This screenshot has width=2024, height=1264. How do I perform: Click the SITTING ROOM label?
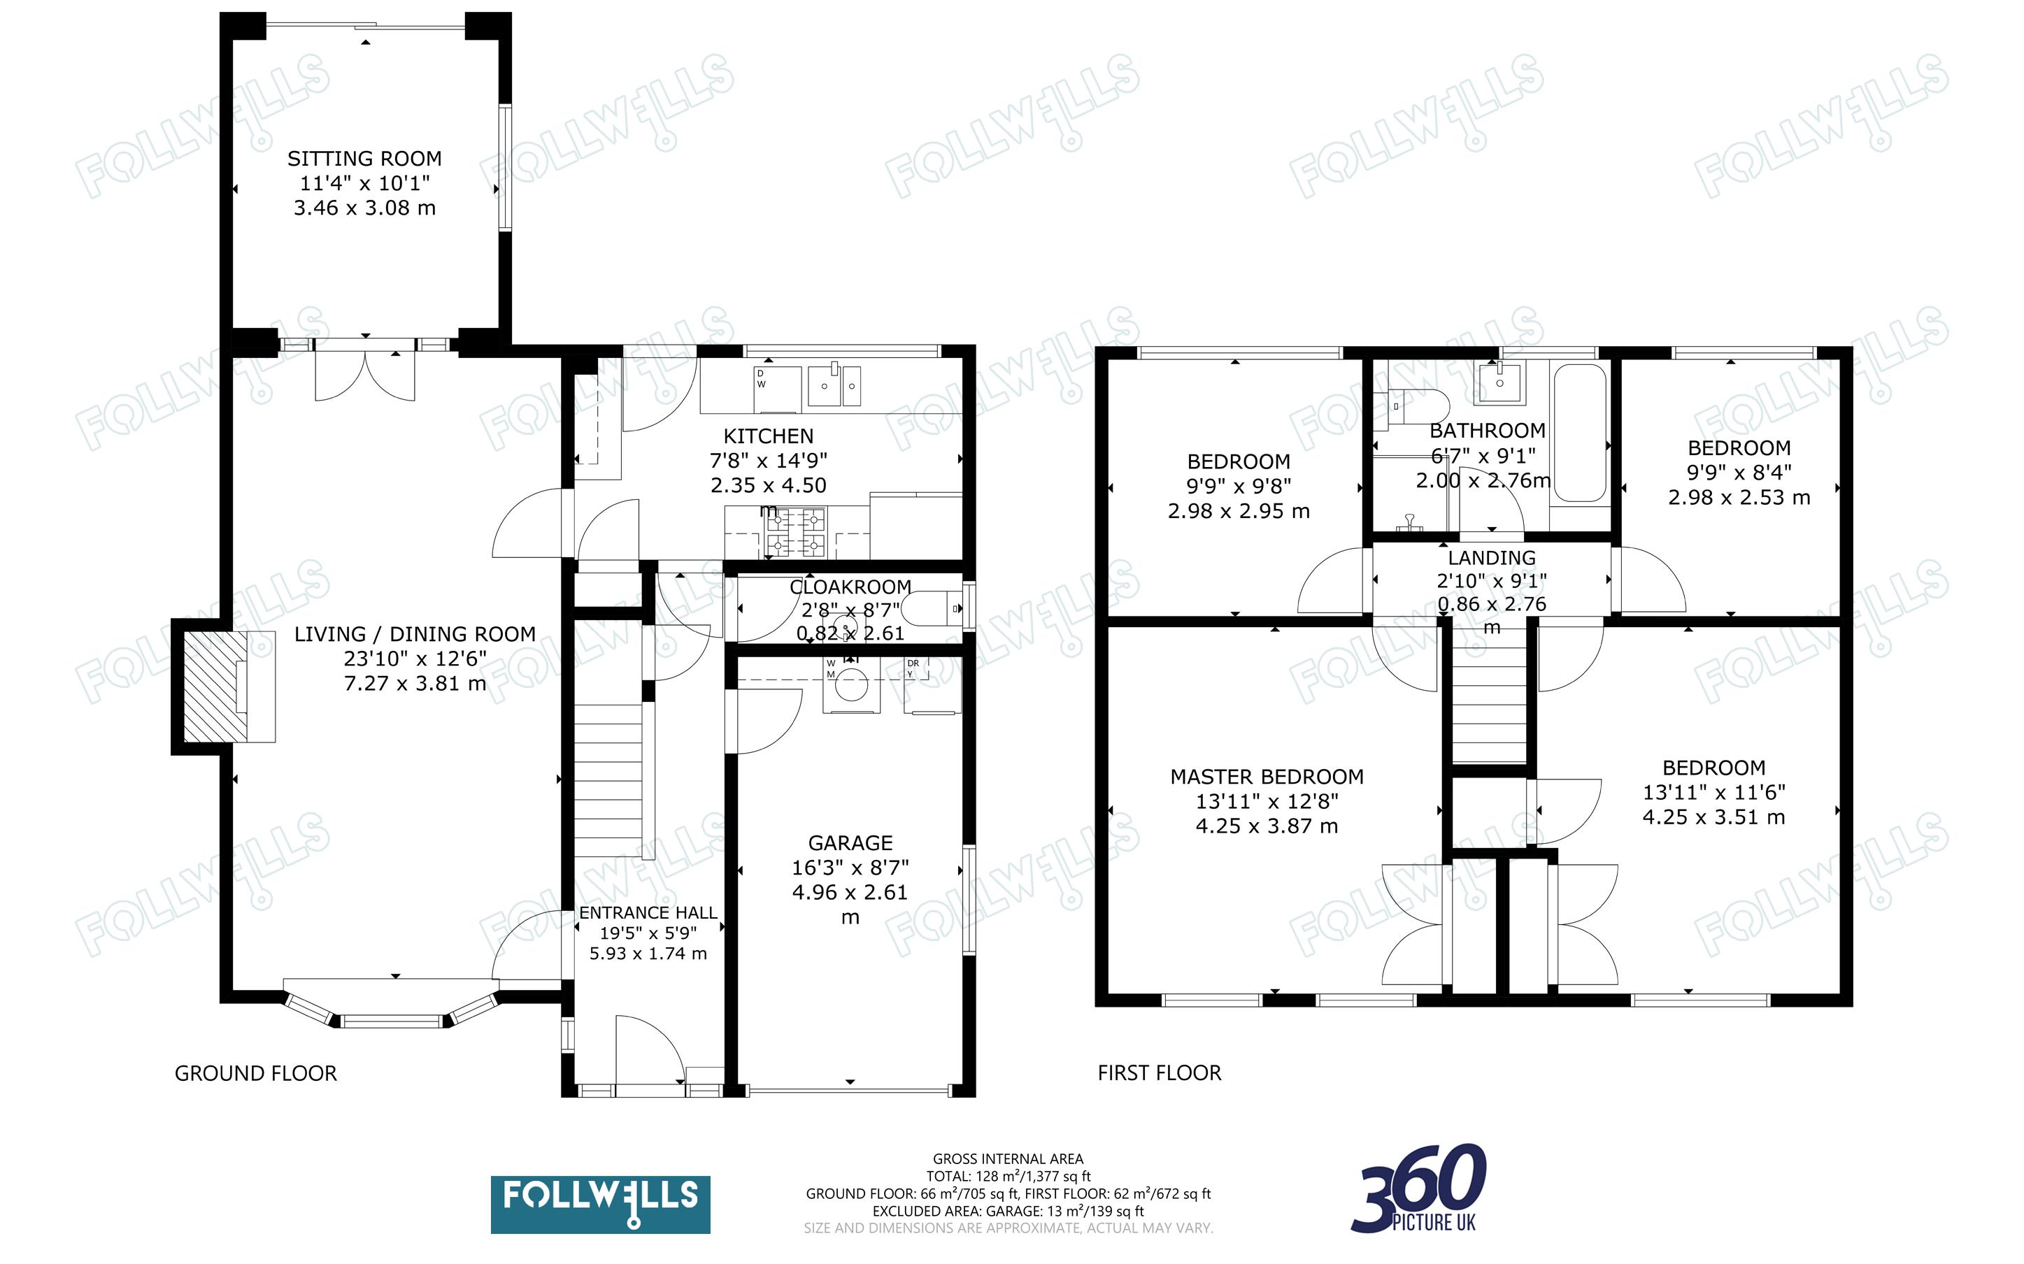click(364, 158)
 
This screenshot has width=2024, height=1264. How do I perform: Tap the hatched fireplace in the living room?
click(215, 687)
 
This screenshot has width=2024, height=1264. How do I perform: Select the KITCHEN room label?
click(767, 436)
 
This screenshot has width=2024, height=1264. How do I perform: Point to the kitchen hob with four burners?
click(796, 533)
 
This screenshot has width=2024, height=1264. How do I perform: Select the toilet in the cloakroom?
click(934, 609)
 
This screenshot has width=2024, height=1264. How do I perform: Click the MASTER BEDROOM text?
click(1267, 777)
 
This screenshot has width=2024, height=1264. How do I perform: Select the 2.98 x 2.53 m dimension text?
click(1739, 497)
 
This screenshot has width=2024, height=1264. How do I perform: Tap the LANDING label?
click(1492, 558)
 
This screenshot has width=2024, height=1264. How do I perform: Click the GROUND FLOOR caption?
click(255, 1072)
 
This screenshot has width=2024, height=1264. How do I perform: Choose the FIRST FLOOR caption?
click(1159, 1072)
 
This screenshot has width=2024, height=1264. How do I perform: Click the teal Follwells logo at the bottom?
click(600, 1204)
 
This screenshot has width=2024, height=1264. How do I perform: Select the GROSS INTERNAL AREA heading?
click(1007, 1158)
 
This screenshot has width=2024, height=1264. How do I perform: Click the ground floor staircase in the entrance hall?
click(608, 777)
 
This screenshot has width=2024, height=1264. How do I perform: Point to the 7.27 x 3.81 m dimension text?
click(415, 684)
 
